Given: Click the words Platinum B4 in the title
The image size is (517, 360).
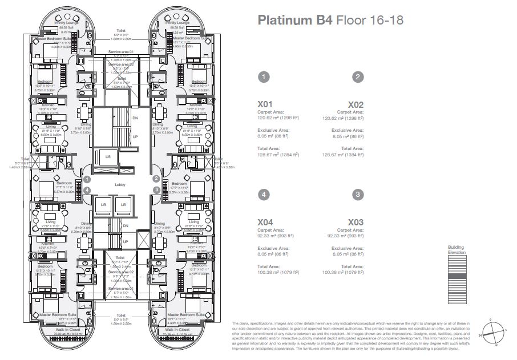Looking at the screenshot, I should (293, 21).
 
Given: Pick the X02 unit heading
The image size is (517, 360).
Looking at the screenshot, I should (356, 105).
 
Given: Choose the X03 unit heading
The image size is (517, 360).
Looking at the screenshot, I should (356, 222).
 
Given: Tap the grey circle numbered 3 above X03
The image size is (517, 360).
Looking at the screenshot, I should (357, 194).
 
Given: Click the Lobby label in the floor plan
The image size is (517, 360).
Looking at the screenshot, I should (120, 185).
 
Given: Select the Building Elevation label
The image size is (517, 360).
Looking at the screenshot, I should (457, 249).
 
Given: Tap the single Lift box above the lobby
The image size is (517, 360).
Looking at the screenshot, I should (107, 156).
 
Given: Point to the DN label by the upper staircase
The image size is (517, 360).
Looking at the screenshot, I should (135, 118).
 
